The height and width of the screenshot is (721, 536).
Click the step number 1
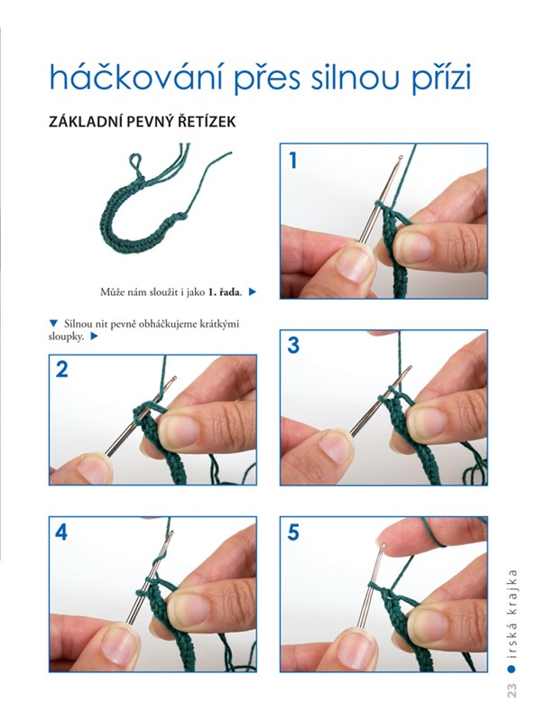293,161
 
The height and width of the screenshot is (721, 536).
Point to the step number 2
62,369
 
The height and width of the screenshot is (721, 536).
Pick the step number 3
293,345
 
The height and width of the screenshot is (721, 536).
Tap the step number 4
61,532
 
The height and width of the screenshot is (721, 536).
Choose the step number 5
293,532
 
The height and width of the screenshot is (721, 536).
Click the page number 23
512,690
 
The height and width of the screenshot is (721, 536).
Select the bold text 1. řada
226,291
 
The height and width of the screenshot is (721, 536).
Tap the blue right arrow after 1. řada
252,291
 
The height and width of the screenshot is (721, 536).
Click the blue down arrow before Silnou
53,323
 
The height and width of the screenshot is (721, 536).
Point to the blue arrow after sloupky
94,336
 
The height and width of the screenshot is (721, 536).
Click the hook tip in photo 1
401,159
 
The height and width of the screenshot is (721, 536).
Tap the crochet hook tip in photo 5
383,545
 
